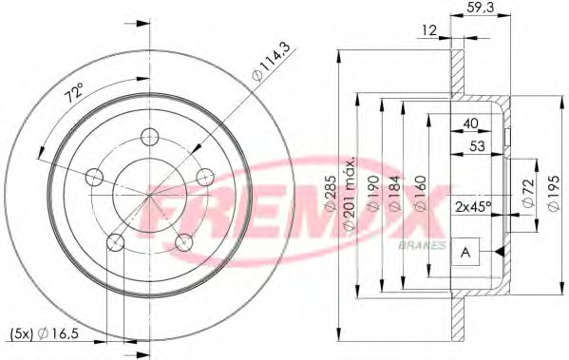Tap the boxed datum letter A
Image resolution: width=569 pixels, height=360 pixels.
(466, 252)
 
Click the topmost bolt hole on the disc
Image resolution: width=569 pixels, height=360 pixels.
(147, 135)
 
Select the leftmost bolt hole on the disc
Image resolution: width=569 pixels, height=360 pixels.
(94, 177)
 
